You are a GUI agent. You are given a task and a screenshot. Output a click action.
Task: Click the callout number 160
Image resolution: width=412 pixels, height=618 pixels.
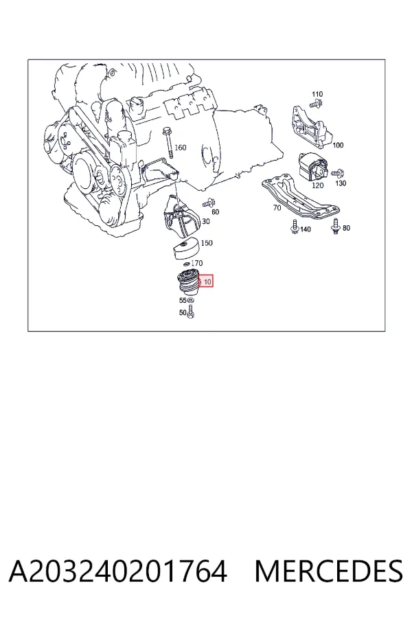click(x=180, y=148)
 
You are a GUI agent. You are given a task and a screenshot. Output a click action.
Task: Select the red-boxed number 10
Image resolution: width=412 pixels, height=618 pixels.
click(x=207, y=282)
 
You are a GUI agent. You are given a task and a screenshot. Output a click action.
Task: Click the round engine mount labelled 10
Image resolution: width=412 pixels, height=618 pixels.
click(x=187, y=282)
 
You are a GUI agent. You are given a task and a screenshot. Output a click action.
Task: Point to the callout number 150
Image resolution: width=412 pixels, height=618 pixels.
click(x=207, y=243)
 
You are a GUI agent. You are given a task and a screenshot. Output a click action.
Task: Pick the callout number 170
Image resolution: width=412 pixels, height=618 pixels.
click(x=197, y=263)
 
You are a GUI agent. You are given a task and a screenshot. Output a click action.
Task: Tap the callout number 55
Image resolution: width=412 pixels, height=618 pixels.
click(x=183, y=300)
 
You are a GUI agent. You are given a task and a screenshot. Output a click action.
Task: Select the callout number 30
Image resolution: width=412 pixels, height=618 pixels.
click(x=206, y=222)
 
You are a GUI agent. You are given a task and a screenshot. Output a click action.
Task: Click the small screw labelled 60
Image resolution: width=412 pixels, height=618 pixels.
click(x=208, y=204)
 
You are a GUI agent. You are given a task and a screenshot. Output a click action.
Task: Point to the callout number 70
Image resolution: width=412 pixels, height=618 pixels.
click(x=277, y=207)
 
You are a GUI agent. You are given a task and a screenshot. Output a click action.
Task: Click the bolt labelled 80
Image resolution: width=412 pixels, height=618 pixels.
click(x=336, y=226)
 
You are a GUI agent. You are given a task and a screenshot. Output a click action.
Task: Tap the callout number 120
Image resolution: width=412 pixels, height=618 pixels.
click(x=317, y=185)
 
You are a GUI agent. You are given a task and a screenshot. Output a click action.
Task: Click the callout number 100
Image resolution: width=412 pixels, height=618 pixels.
click(x=338, y=146)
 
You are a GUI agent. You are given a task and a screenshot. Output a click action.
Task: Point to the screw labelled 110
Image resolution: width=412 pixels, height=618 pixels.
click(x=316, y=104)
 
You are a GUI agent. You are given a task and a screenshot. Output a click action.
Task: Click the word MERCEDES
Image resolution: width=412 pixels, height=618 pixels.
click(x=329, y=571)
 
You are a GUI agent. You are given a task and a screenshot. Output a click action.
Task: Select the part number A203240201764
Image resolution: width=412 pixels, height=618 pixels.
click(x=118, y=571)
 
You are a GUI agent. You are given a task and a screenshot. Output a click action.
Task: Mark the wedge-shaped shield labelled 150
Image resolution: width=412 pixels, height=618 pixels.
click(x=185, y=249)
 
